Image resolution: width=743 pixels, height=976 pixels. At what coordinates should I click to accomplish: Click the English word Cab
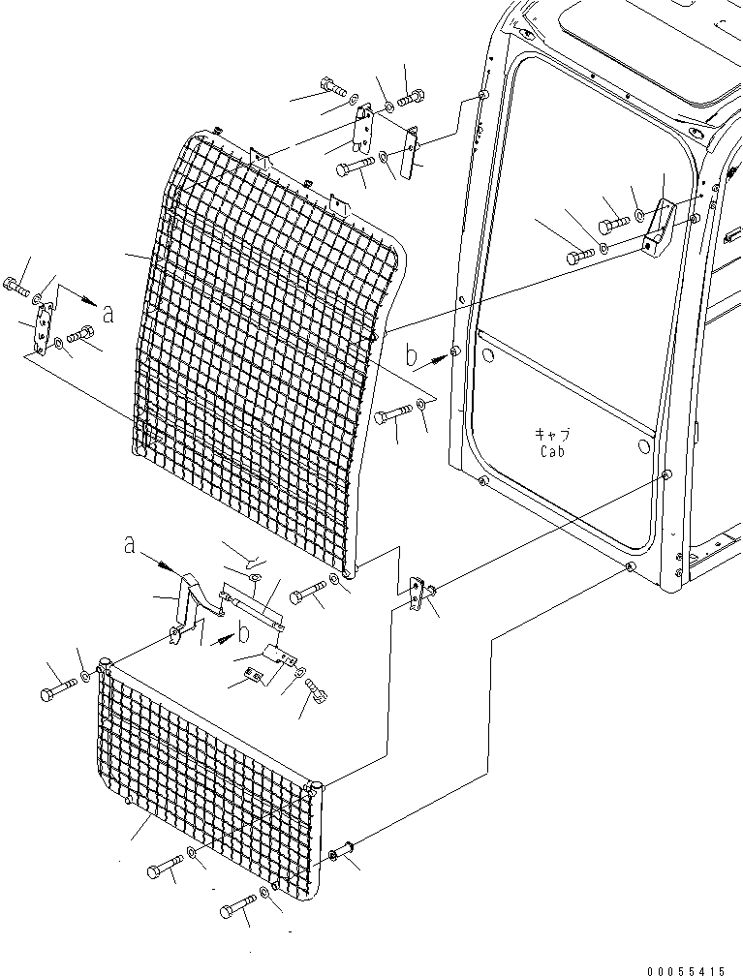click(552, 450)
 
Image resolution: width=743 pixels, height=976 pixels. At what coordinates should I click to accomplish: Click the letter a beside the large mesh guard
click(108, 313)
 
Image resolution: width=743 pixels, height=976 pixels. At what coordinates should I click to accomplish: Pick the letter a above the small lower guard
click(129, 545)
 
